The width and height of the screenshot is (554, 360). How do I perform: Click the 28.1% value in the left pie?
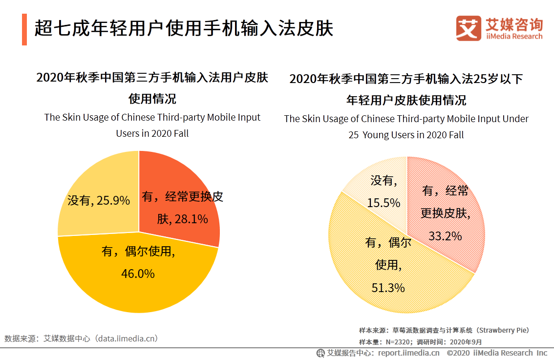click(191, 219)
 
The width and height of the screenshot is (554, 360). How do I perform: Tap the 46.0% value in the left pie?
click(138, 274)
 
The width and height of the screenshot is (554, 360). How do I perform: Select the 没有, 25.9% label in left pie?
click(99, 200)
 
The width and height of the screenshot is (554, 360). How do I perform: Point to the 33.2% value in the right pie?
click(445, 236)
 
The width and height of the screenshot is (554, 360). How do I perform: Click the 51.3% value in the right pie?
click(388, 288)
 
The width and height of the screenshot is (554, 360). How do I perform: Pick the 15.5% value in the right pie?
click(384, 202)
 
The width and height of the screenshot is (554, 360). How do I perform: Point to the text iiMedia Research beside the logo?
click(514, 37)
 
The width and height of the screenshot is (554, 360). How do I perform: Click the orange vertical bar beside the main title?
click(24, 30)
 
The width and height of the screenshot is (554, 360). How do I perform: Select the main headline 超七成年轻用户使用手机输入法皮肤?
click(184, 29)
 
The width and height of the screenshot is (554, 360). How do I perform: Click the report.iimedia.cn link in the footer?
click(408, 353)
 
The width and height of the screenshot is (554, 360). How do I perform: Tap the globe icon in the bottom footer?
click(320, 353)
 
